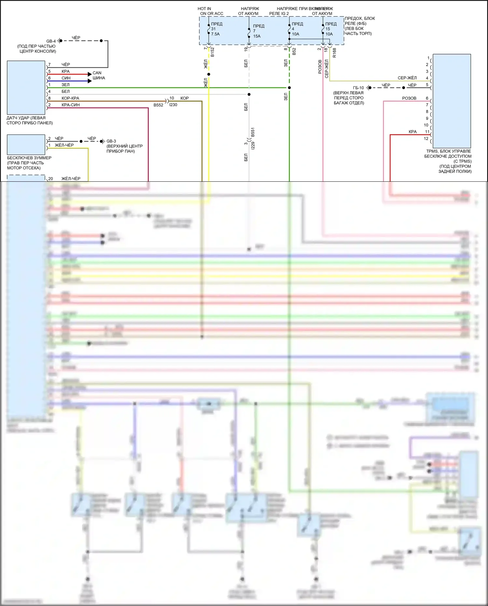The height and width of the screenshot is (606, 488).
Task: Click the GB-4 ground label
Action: [51, 41]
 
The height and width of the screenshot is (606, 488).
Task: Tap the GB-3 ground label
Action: [111, 141]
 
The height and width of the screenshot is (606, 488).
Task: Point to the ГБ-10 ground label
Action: [358, 88]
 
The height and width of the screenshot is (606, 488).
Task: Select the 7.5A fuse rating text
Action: [215, 34]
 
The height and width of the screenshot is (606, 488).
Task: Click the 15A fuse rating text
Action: [257, 36]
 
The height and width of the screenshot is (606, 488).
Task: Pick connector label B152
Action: [213, 52]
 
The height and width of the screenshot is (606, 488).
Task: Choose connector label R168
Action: [334, 53]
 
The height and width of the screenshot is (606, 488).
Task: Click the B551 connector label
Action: [253, 132]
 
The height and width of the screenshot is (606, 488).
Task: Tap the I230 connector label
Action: [173, 105]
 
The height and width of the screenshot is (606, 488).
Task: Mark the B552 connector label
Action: [158, 105]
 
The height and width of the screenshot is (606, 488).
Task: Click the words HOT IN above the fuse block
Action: [204, 9]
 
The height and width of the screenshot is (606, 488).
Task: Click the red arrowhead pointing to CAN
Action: [90, 74]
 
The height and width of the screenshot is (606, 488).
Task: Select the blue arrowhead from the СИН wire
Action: [90, 81]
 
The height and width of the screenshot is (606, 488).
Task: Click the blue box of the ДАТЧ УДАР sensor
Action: [26, 87]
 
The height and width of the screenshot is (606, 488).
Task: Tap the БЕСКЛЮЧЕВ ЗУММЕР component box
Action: [26, 144]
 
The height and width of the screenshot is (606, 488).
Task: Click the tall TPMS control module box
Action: [452, 101]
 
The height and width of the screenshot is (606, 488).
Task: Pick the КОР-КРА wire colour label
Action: [70, 98]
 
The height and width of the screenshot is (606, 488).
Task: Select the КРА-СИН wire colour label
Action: [71, 105]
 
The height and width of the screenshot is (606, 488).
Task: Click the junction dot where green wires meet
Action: [289, 88]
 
